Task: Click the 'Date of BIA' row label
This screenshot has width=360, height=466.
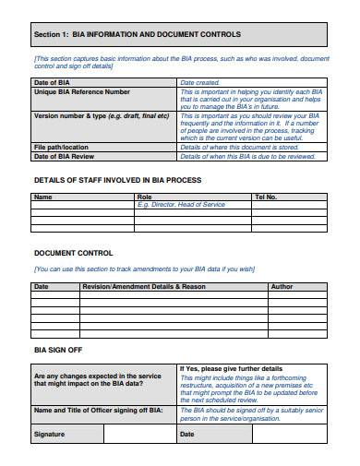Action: pos(53,83)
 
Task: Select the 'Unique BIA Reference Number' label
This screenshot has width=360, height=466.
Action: pos(82,92)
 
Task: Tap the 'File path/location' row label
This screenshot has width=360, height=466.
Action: pos(62,147)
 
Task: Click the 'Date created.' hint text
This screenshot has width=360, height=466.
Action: pos(201,83)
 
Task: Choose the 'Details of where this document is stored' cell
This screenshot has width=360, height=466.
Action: pos(239,147)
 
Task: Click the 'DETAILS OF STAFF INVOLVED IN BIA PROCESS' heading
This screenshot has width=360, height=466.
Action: pos(116,180)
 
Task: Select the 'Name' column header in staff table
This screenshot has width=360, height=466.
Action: pos(43,197)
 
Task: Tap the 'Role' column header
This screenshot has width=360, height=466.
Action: pos(144,197)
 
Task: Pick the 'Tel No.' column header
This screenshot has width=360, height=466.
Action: pos(265,197)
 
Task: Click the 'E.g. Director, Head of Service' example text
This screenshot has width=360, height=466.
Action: pos(181,204)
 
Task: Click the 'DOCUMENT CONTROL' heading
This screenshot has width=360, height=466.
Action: pos(74,253)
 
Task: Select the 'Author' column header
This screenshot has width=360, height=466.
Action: pos(282,287)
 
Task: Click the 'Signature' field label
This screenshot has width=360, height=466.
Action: pos(50,434)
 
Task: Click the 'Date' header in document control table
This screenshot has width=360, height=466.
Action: pos(42,287)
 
